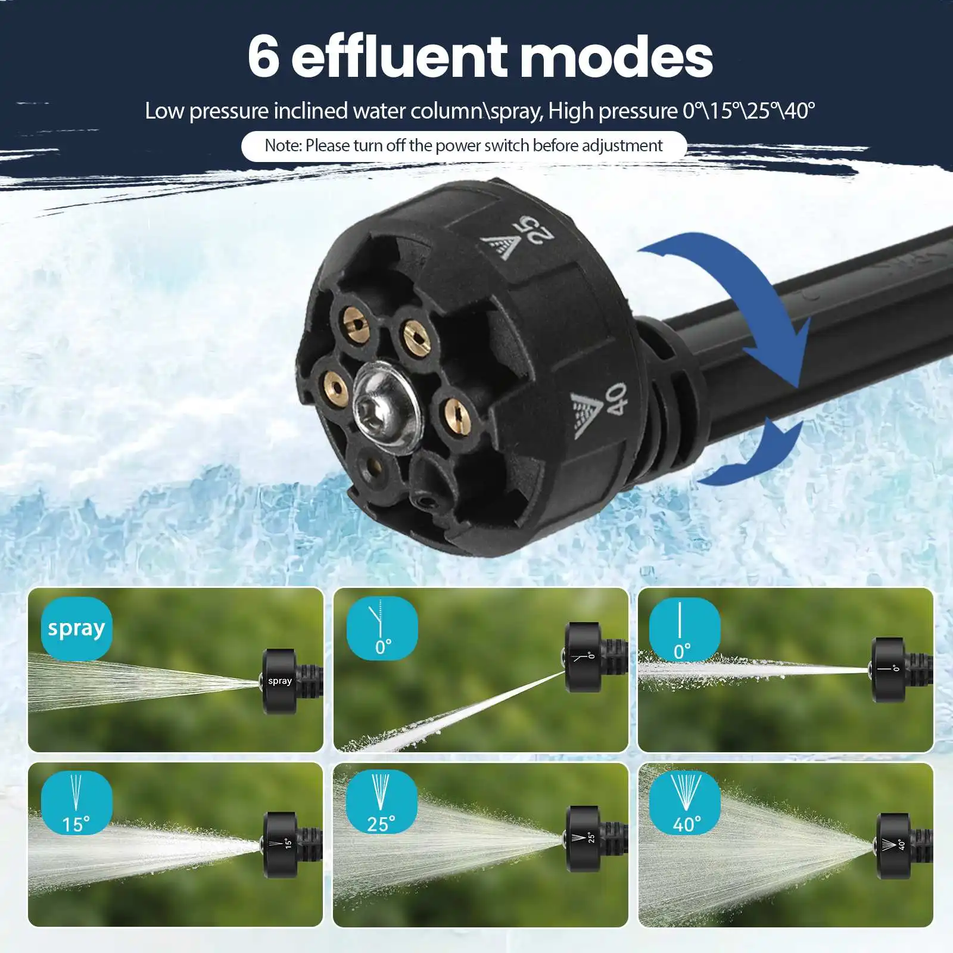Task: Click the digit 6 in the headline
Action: [x=263, y=57]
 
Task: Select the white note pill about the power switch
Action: [x=463, y=146]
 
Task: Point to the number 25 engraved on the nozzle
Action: [x=534, y=231]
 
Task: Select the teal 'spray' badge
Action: [x=76, y=628]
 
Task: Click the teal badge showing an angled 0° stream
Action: [x=382, y=628]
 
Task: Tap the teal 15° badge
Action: [x=76, y=802]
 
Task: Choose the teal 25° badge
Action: [x=381, y=802]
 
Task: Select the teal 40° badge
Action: [x=684, y=802]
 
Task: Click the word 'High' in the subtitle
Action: [x=571, y=112]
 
